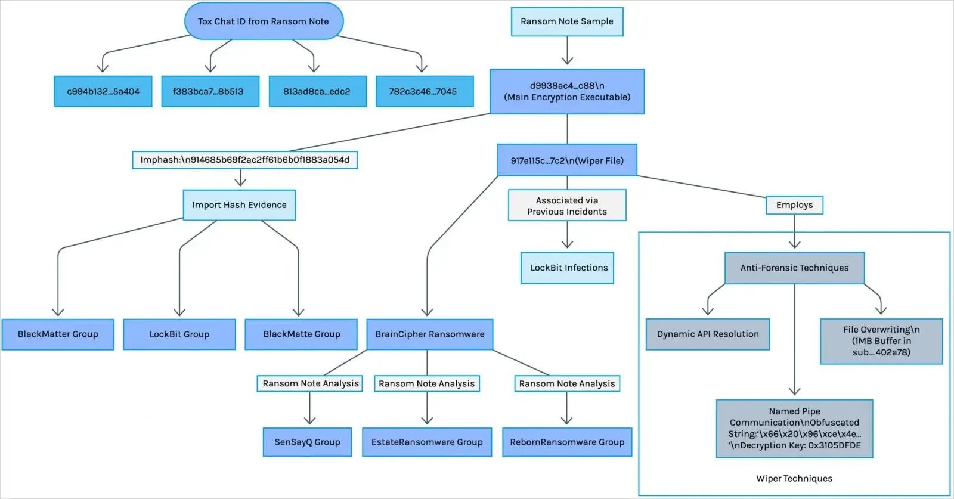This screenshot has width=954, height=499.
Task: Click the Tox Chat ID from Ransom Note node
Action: click(x=264, y=21)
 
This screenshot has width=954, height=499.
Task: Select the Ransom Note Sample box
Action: click(x=567, y=21)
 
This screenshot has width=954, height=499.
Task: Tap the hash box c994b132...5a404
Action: click(x=103, y=91)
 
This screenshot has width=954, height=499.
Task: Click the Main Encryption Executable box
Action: click(x=567, y=91)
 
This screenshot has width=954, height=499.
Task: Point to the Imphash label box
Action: click(x=244, y=160)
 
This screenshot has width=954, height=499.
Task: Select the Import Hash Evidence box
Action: click(x=239, y=205)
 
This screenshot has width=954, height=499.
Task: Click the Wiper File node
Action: click(x=567, y=160)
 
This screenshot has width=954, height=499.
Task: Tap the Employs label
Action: click(x=794, y=205)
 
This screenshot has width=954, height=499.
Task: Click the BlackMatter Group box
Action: click(x=58, y=334)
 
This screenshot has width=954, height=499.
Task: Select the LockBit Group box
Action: click(x=179, y=334)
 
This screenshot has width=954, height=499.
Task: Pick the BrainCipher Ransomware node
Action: click(x=429, y=334)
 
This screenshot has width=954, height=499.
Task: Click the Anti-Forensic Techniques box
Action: click(x=794, y=268)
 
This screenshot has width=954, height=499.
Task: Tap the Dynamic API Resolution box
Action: click(x=708, y=334)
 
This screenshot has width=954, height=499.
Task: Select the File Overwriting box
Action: click(x=881, y=341)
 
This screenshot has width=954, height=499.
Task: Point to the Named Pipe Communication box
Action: click(x=794, y=428)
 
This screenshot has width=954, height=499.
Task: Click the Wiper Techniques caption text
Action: click(x=794, y=478)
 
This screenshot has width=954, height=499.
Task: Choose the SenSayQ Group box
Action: click(x=307, y=442)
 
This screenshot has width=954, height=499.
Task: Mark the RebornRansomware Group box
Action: click(x=567, y=442)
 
